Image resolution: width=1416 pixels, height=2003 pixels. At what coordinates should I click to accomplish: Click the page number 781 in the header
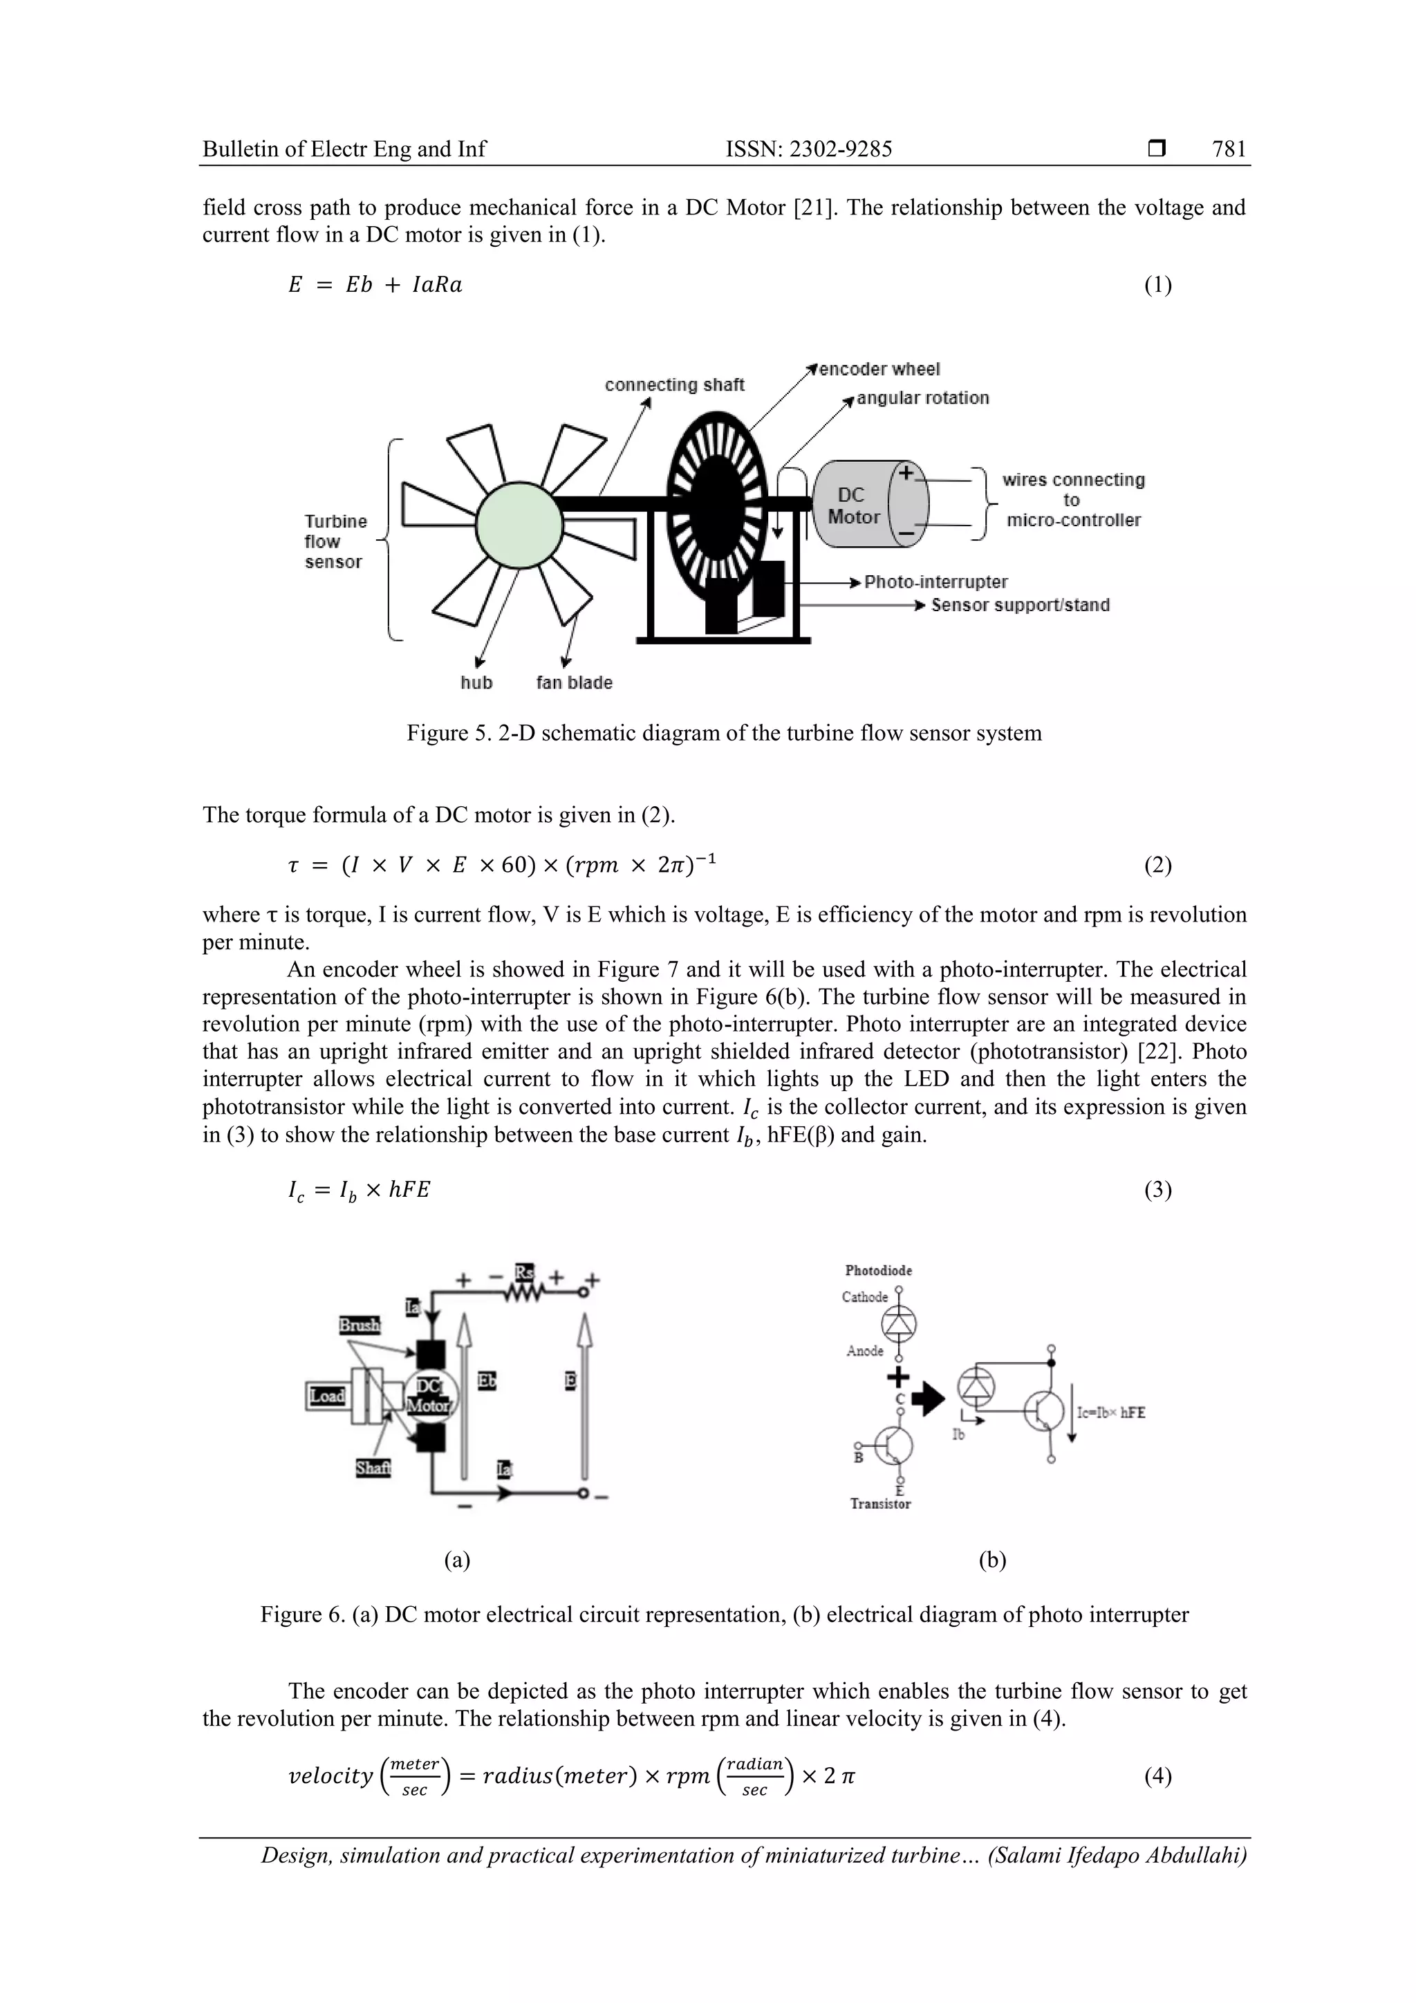tap(1229, 149)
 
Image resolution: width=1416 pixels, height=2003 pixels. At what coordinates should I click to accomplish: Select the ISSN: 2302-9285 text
tap(809, 149)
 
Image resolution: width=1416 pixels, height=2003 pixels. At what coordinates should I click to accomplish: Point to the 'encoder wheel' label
tap(879, 369)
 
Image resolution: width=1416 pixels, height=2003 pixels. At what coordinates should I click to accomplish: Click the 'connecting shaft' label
tap(674, 384)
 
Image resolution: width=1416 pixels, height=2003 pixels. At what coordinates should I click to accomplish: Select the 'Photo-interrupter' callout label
tap(935, 582)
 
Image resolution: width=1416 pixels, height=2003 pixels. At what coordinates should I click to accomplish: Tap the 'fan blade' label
tap(574, 682)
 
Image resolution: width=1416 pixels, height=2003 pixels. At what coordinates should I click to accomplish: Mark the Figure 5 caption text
tap(724, 733)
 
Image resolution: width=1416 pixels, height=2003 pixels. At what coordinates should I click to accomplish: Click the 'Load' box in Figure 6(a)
tap(327, 1396)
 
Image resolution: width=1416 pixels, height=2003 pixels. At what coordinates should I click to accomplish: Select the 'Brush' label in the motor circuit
tap(360, 1325)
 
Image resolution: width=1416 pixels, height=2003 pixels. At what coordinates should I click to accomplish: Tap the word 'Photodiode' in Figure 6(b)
tap(879, 1270)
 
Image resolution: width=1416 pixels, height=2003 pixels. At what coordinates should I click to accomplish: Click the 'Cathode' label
tap(865, 1296)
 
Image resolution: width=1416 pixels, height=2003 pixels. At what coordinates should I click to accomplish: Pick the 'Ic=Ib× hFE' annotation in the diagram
tap(1110, 1413)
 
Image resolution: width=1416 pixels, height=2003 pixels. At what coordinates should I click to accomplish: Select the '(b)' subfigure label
tap(993, 1561)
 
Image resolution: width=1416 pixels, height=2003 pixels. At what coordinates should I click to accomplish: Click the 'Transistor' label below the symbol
tap(880, 1504)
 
